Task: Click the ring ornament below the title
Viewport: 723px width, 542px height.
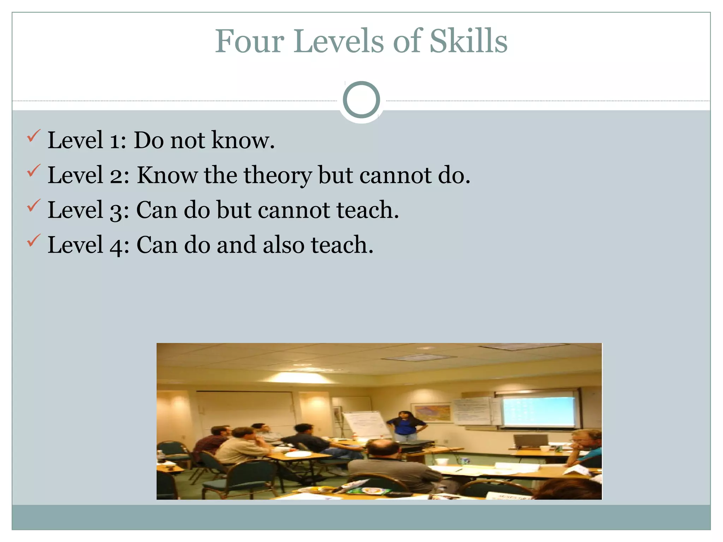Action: tap(361, 100)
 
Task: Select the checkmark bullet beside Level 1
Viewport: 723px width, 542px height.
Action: tap(34, 136)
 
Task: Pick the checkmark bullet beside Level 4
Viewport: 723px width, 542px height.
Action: tap(34, 240)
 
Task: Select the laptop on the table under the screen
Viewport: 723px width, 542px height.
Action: tap(530, 441)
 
